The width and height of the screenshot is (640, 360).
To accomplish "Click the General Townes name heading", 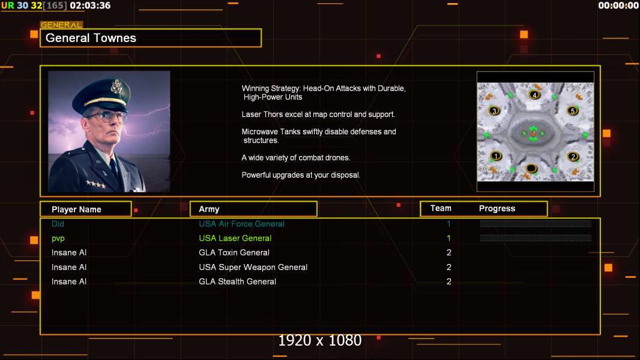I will point(91,38).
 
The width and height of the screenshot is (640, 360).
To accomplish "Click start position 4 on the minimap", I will point(535,95).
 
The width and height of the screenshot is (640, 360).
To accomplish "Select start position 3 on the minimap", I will point(494,111).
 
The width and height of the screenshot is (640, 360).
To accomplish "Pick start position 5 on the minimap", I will point(573,111).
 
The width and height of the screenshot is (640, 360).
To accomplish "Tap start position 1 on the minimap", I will point(495,156).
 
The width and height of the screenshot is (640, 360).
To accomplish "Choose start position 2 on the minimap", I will point(573,157).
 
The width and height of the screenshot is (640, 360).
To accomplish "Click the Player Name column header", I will point(76,209).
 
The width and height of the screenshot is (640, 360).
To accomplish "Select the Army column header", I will point(209,209).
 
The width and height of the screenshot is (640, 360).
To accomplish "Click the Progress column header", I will point(497,209).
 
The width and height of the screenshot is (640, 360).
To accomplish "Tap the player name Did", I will point(58,224).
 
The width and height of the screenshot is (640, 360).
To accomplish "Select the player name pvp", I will point(58,238).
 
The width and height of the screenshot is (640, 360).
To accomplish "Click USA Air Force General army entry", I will point(242,224).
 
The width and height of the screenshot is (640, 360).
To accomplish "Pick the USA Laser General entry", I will point(235,238).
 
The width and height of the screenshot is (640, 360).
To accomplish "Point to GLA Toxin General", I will point(234,253).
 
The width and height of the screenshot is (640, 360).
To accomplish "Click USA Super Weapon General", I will point(253,267).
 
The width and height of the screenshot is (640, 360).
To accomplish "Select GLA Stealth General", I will point(238,281).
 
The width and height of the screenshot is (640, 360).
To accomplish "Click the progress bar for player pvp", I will point(536,238).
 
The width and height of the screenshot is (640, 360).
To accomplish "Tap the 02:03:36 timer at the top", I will point(90,5).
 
